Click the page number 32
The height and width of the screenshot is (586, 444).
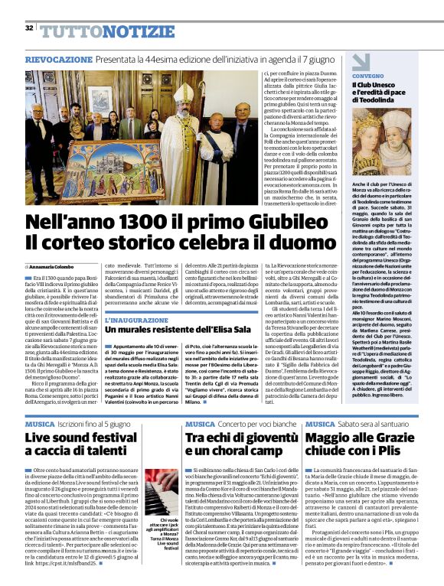[29, 28]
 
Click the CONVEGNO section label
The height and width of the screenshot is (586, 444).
[368, 77]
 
